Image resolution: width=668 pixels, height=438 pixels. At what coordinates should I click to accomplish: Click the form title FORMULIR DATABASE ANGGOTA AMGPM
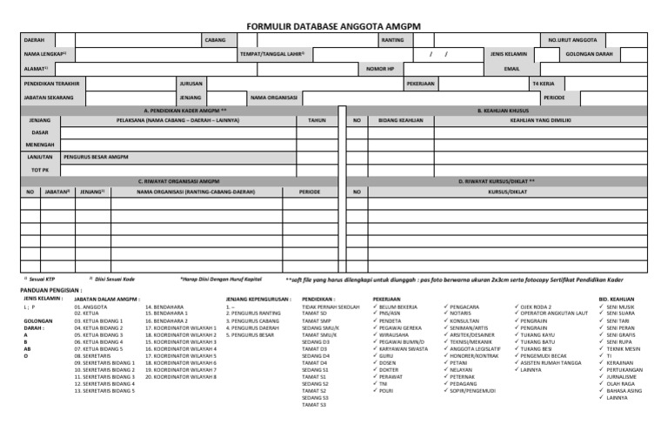(334, 26)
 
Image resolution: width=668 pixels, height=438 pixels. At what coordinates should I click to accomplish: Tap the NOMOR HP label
(380, 69)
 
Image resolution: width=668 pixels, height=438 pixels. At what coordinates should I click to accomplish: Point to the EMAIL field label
(511, 69)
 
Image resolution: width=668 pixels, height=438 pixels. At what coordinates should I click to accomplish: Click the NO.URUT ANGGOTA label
(571, 40)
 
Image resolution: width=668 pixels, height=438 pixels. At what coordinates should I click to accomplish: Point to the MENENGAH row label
(39, 145)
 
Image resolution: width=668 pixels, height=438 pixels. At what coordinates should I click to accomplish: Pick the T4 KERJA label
(542, 83)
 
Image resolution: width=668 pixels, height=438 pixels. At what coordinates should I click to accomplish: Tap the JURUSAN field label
(190, 83)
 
